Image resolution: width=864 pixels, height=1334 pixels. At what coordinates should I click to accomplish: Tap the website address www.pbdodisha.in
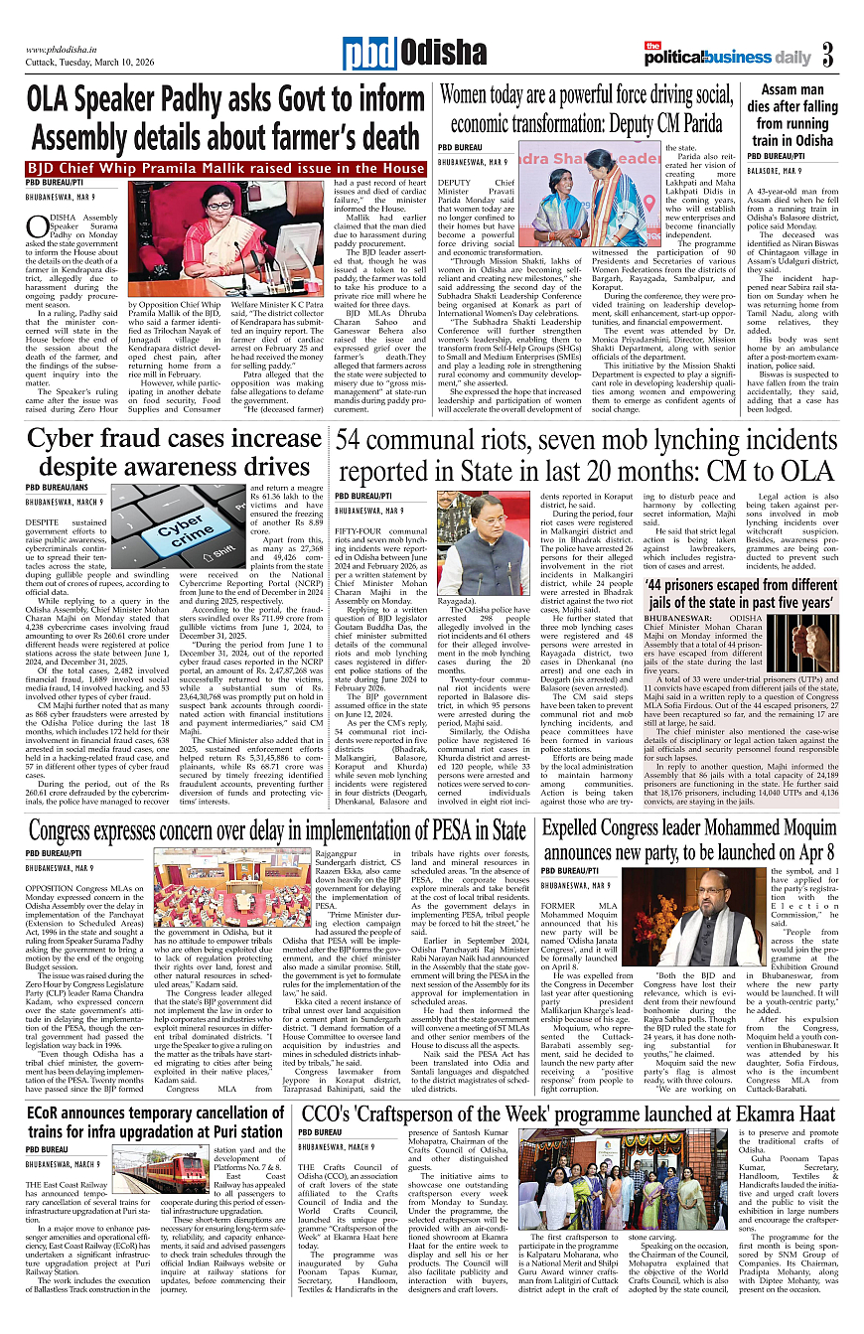[68, 49]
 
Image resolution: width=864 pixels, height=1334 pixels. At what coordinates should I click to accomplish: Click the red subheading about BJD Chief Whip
[226, 169]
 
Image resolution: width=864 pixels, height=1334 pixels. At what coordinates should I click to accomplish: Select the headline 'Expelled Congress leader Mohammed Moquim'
[687, 839]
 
